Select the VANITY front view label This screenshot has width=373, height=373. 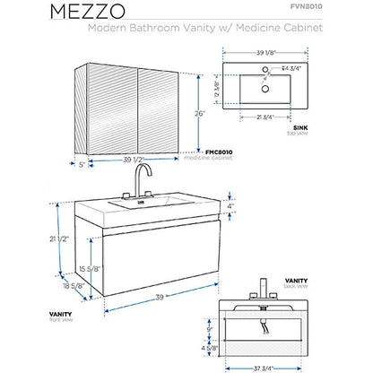(38, 314)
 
